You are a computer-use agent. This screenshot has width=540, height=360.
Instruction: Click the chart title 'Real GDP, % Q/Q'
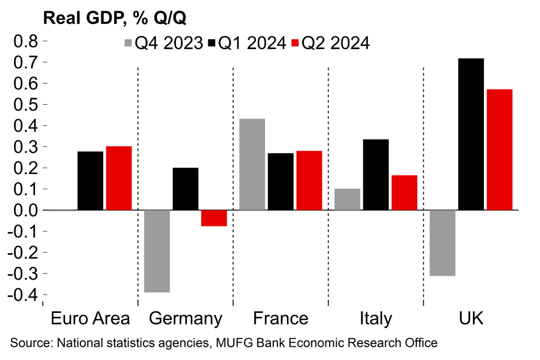(115, 18)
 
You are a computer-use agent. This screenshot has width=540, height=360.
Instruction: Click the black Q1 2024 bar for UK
(471, 134)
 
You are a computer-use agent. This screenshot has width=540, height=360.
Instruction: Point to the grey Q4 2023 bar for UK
(442, 243)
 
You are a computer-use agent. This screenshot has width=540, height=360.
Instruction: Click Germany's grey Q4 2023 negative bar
(157, 251)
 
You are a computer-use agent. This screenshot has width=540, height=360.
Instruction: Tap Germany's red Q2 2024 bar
(214, 218)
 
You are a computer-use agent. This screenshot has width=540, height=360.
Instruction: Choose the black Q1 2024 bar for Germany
(185, 189)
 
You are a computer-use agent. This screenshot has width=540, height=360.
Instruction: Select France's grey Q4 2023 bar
(252, 164)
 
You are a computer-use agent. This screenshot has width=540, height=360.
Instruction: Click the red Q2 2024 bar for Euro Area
(119, 178)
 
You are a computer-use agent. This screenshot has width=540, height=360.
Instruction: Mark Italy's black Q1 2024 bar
(376, 174)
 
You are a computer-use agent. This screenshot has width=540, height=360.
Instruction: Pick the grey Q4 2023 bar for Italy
(347, 199)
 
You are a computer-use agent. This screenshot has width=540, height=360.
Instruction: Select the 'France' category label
(281, 319)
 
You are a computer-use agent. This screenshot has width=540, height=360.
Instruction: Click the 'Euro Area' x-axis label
(90, 319)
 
